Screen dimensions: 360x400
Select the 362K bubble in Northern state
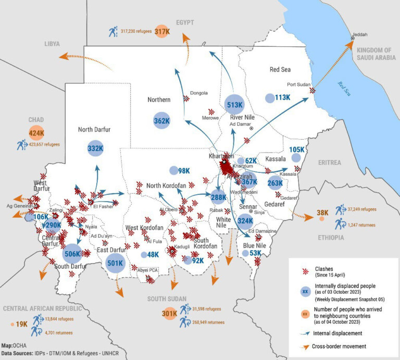[161, 121]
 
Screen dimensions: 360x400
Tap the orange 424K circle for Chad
[36, 133]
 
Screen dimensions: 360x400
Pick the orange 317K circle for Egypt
[162, 31]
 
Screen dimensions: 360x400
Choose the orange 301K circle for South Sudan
[169, 314]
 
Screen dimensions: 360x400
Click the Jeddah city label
[360, 35]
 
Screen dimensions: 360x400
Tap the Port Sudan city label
[299, 84]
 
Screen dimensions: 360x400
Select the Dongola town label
[198, 93]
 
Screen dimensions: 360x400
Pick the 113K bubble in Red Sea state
[269, 97]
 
